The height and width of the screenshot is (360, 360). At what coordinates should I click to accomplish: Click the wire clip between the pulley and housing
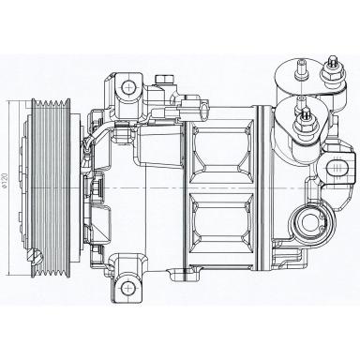click(x=85, y=145)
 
